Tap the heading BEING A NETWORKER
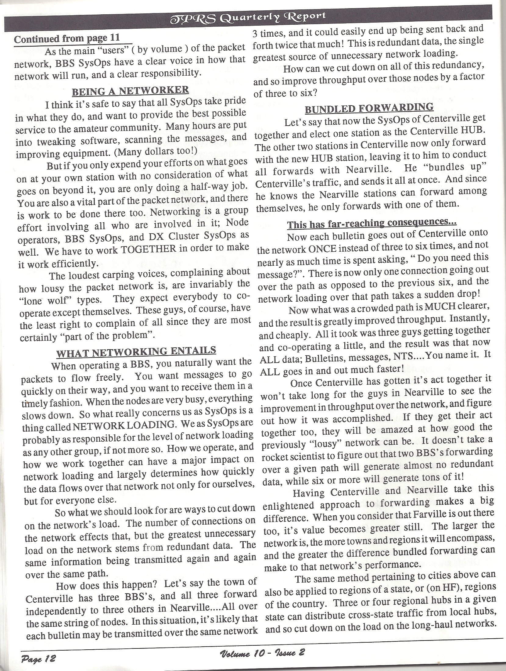[x=130, y=90]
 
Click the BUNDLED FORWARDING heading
[x=369, y=108]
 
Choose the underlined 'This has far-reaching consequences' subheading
[x=372, y=224]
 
